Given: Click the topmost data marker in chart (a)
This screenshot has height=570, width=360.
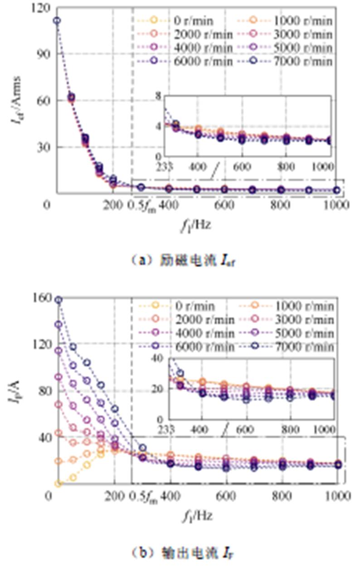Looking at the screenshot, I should [57, 20].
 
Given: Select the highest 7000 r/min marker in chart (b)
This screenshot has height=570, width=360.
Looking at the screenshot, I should [58, 299].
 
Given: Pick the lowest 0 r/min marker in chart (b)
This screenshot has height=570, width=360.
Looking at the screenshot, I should [58, 483].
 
